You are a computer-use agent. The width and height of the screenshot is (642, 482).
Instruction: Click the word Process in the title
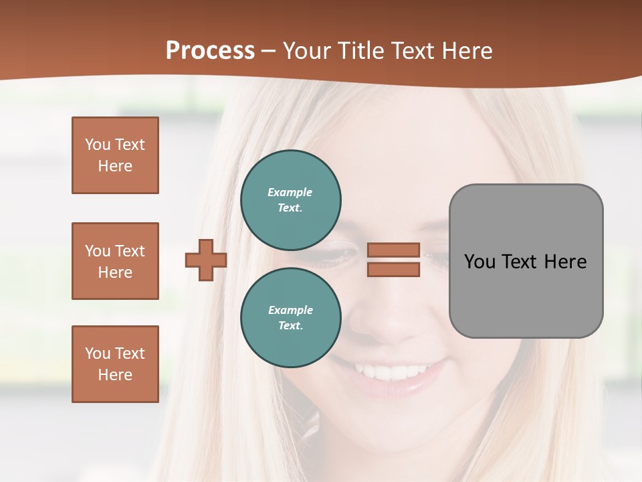(x=210, y=50)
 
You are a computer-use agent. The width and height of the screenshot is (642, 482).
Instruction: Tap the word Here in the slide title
(x=466, y=50)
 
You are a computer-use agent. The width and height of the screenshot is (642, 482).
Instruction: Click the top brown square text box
(x=115, y=155)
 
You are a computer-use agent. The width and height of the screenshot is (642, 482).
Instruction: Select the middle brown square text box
(x=115, y=261)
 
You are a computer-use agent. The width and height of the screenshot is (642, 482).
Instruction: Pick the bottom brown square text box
(x=115, y=364)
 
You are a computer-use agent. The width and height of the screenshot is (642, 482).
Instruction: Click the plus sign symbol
(x=206, y=260)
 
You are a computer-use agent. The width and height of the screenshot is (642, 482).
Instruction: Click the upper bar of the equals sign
(x=393, y=250)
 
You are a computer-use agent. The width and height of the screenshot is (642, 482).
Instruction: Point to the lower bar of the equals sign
(x=393, y=269)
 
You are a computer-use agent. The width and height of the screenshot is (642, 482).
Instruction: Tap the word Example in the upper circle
(x=290, y=192)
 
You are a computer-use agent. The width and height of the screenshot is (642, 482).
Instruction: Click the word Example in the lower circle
(x=290, y=310)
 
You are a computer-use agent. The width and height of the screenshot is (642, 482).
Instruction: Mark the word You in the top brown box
(x=97, y=145)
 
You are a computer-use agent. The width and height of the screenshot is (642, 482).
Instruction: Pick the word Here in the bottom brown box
(x=115, y=375)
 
